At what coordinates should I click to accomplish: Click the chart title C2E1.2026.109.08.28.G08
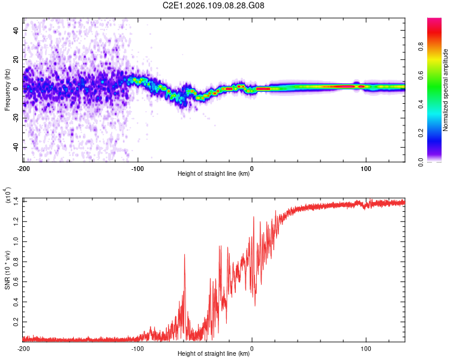tap(214, 5)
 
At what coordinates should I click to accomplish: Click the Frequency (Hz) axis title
tap(7, 90)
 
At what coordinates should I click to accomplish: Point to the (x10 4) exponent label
tap(8, 196)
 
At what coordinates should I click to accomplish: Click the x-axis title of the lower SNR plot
tap(214, 354)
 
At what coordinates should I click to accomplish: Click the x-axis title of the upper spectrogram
tap(214, 174)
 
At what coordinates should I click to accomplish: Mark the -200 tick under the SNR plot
tap(23, 348)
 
